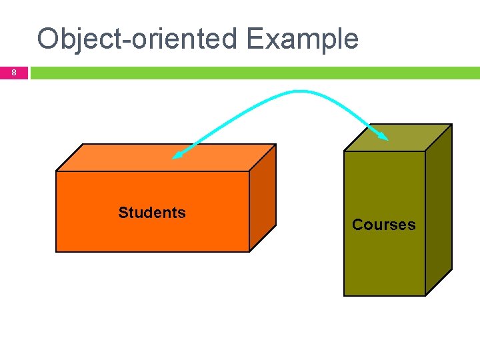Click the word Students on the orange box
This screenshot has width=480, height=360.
click(152, 213)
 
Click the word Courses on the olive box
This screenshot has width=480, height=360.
click(383, 225)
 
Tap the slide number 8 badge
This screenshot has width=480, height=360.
click(13, 73)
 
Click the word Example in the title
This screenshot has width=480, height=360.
click(302, 39)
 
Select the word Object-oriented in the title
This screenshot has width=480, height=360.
click(137, 39)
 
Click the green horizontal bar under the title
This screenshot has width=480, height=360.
click(253, 73)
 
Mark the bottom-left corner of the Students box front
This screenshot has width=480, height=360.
click(56, 251)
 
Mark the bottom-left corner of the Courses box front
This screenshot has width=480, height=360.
click(345, 295)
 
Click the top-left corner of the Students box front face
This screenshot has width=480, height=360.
click(56, 171)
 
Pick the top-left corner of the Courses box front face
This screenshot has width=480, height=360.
click(345, 151)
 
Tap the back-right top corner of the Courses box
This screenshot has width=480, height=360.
click(451, 125)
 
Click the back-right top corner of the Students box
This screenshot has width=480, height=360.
click(275, 145)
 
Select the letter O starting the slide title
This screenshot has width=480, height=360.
click(49, 39)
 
